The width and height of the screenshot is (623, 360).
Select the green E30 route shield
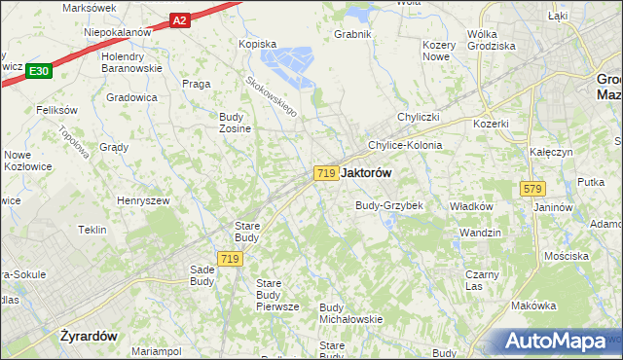pos(39,71)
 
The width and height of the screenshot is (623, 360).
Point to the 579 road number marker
pos(531,188)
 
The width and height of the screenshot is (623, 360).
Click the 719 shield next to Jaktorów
pos(326,172)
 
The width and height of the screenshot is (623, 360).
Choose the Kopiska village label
pos(258,44)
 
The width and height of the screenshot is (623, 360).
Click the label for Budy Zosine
pos(236,122)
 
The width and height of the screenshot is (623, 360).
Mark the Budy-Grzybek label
pos(388,206)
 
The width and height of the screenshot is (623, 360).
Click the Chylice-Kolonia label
pos(404,145)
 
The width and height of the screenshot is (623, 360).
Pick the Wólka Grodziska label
pos(491,40)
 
